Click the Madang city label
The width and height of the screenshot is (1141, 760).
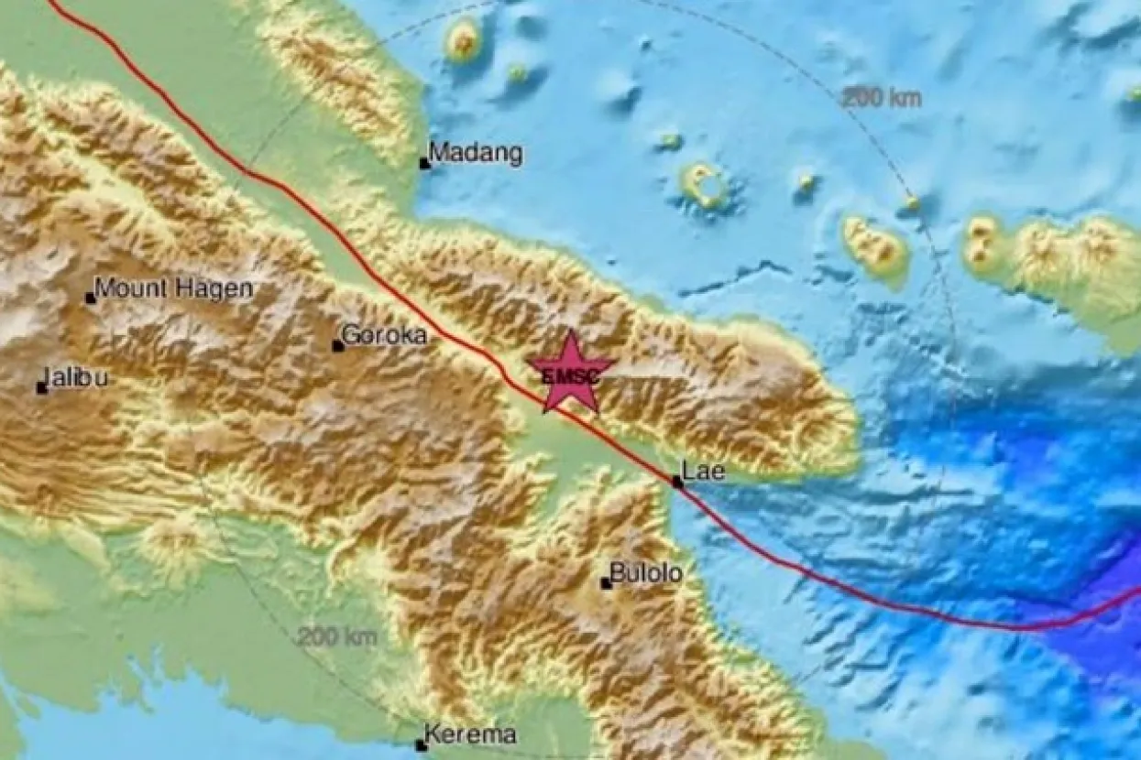pos(477,153)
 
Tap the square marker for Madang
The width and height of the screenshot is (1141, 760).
pos(424,164)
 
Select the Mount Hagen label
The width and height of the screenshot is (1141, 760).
pos(173,289)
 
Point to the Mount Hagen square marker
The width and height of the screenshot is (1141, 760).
pos(90,298)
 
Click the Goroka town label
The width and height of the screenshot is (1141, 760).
pos(384,335)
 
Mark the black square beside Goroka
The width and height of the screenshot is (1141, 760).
pos(337,346)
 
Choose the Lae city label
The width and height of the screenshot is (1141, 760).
pos(706,472)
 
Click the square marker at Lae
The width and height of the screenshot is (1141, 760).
pos(676,482)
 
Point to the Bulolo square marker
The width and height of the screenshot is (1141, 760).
pos(605,583)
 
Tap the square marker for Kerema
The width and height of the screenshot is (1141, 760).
pos(420,745)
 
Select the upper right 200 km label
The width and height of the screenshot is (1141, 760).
pos(882,98)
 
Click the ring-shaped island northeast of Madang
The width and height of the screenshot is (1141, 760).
pos(705,186)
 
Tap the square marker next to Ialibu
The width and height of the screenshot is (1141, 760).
pos(41,388)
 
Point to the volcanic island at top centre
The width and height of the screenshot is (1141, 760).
pos(463,39)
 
